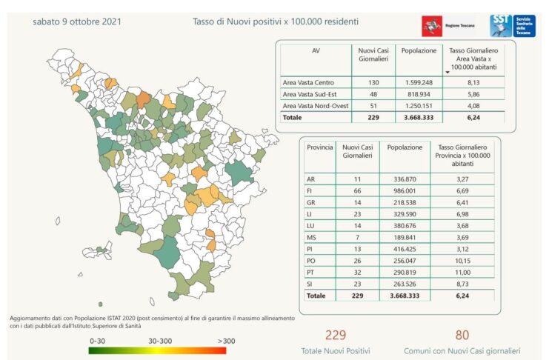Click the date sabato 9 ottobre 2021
77,21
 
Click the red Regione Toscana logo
432,26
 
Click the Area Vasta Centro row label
308,83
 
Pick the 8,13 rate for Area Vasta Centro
473,83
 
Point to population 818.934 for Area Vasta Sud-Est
419,94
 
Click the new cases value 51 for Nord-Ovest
373,106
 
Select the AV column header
316,51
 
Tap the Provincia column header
319,147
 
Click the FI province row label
310,191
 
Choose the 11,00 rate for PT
462,273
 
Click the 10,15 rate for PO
462,261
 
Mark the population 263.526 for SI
405,284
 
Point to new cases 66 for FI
357,191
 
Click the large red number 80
462,335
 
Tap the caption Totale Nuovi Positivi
336,351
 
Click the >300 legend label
226,341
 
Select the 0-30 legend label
97,341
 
